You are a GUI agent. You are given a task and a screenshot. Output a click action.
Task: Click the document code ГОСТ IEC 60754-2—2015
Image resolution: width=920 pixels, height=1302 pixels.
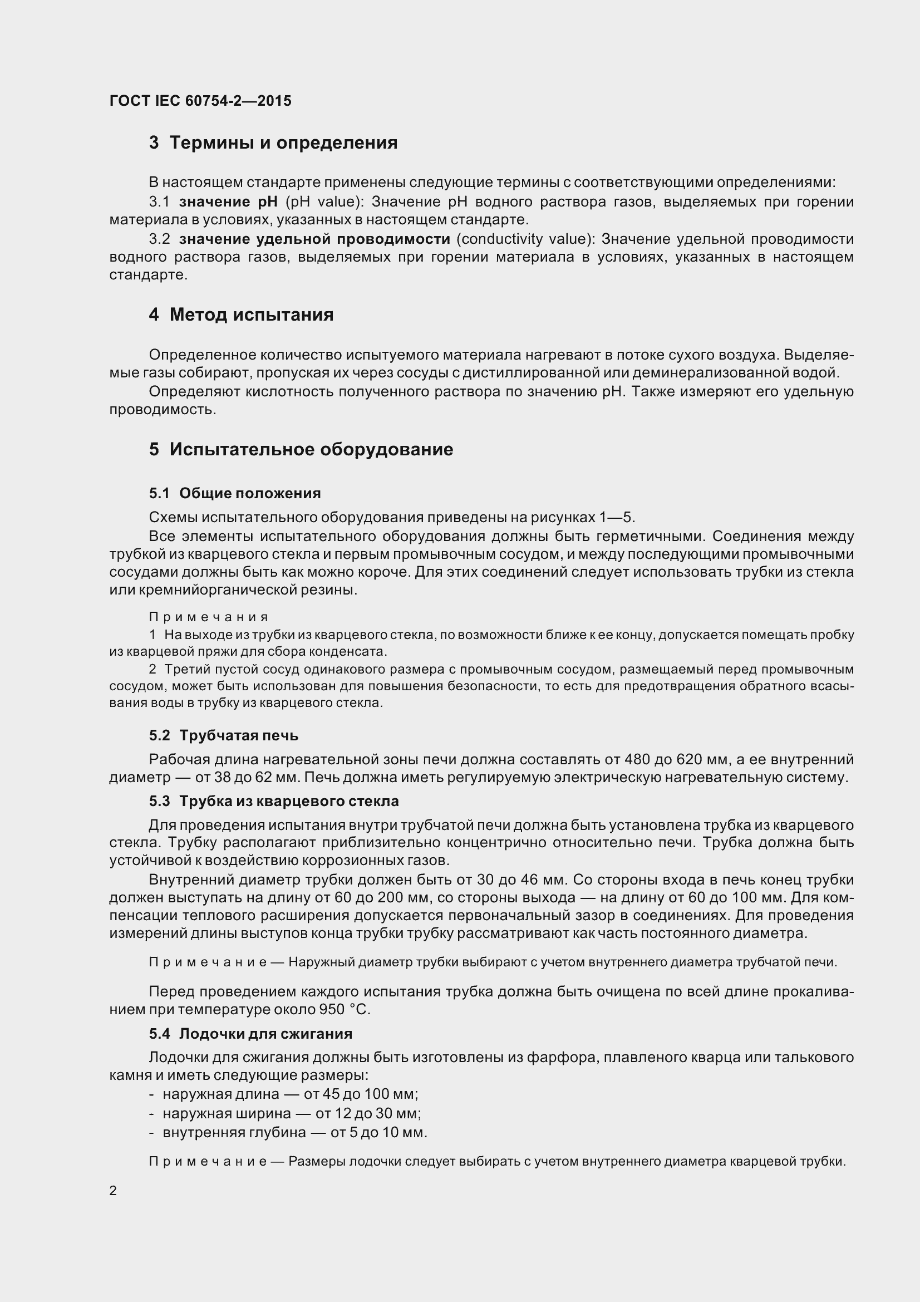201,101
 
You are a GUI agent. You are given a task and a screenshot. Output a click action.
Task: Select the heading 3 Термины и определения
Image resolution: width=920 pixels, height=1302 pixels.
273,143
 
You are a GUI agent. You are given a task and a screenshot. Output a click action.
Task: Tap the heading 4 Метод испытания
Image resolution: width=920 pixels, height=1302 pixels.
241,315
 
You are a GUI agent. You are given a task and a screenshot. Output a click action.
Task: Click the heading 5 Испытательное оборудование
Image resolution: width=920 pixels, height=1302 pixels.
301,450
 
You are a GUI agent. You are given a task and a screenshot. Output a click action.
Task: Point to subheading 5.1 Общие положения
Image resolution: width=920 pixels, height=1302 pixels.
235,493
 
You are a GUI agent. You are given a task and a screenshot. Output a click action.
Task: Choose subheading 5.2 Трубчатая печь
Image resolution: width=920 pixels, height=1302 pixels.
223,735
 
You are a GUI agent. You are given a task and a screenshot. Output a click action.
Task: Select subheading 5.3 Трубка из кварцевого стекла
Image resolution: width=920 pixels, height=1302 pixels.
274,801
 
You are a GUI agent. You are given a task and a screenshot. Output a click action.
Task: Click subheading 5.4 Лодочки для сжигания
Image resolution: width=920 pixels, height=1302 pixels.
250,1034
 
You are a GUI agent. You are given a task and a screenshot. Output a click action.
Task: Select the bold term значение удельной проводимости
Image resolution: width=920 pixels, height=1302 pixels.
314,239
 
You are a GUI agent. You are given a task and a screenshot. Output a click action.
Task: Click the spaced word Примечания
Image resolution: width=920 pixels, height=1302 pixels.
209,617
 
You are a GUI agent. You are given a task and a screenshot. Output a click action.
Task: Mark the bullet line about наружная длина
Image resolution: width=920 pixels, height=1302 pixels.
283,1094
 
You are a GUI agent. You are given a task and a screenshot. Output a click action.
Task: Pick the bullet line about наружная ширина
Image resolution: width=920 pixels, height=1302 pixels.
285,1113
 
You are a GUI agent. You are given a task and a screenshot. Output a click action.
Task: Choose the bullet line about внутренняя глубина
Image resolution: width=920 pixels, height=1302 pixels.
288,1132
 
